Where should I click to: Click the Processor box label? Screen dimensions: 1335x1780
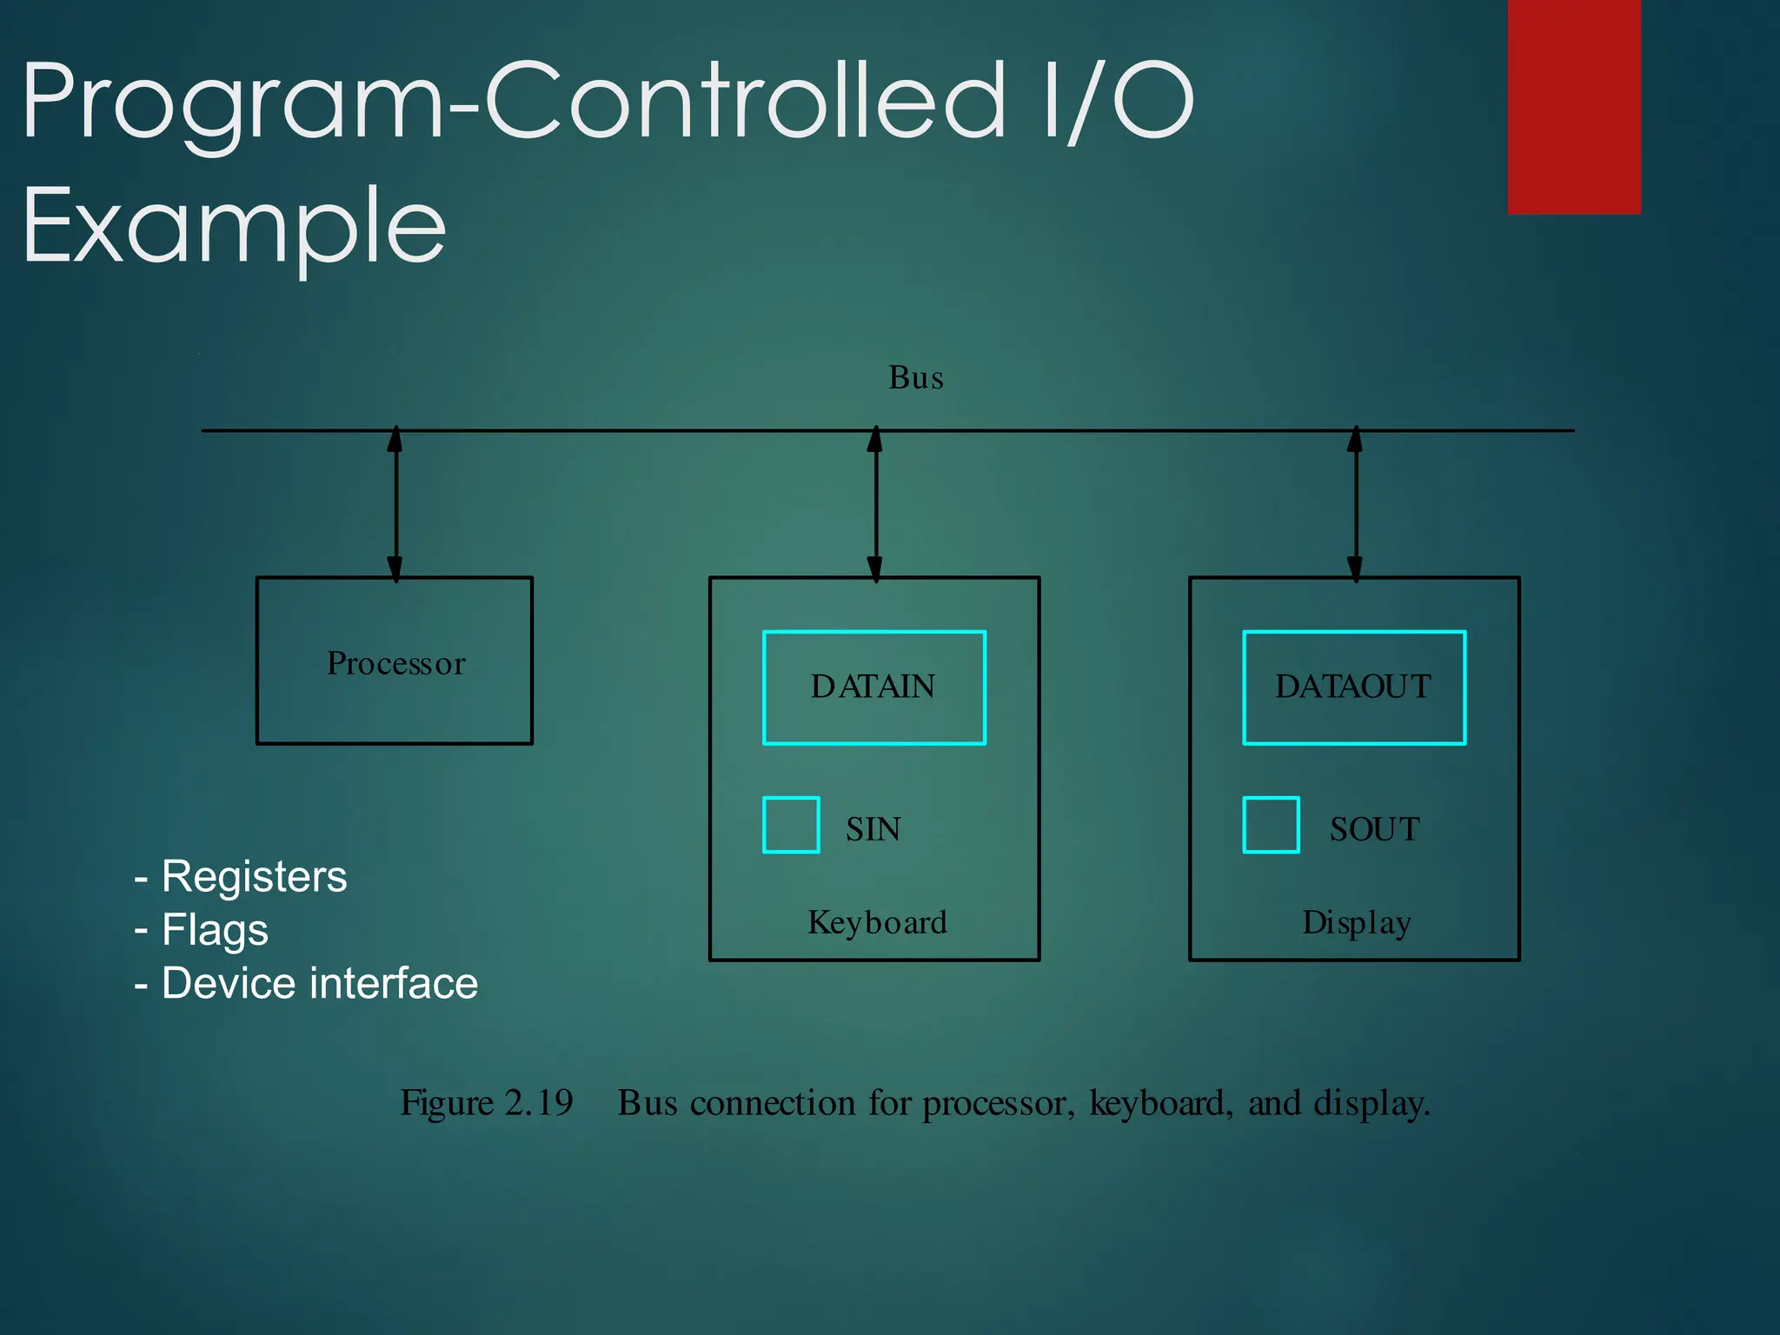click(396, 663)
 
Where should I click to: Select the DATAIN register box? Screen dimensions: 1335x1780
click(873, 687)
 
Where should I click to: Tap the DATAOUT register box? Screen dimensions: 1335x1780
click(1353, 687)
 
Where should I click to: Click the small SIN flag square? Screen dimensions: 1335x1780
click(791, 825)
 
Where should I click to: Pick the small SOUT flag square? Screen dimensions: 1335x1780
click(1271, 825)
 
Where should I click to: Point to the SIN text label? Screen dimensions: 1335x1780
click(873, 829)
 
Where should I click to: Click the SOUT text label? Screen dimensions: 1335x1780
click(1374, 829)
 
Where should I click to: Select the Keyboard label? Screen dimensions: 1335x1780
click(877, 922)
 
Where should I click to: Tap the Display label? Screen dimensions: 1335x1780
click(1356, 922)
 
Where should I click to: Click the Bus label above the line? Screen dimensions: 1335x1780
click(915, 378)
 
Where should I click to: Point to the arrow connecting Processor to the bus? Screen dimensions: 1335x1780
click(395, 504)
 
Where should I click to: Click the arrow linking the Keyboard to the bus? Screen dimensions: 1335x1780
click(875, 504)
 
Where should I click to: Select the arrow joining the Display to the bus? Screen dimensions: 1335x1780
click(1355, 504)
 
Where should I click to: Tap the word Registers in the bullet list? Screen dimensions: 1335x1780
click(254, 876)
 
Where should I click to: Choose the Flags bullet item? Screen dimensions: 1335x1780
click(215, 930)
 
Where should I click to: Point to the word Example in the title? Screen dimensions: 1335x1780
click(235, 227)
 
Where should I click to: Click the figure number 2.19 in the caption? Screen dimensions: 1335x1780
click(539, 1103)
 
